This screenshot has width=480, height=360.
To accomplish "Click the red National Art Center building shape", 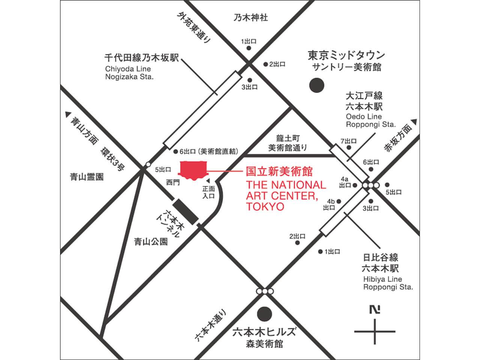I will tap(193, 170).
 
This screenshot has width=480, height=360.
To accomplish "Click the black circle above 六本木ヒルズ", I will tap(265, 313).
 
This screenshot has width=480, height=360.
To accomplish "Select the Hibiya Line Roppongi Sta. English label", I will tap(388, 283).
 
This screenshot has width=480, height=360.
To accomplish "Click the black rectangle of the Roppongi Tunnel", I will tap(186, 211).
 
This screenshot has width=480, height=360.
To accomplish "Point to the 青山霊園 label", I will tap(87, 177).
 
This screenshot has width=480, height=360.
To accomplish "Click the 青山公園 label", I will tap(151, 242).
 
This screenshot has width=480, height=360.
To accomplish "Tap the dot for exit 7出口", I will tap(349, 148).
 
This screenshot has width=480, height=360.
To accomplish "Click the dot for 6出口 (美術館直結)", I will tap(175, 152).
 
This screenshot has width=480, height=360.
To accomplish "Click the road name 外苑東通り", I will tap(195, 28).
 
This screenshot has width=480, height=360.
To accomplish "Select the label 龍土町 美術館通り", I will tap(288, 143).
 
